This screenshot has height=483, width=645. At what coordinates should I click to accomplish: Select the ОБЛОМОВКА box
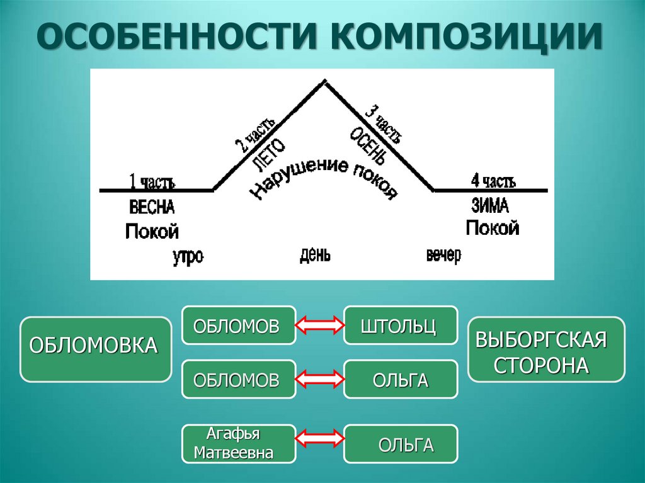[95, 349]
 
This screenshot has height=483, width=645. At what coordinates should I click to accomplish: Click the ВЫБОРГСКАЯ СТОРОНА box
[546, 349]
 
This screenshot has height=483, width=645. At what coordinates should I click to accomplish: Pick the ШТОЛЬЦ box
[400, 325]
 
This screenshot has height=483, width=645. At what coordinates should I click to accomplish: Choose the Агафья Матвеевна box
[239, 443]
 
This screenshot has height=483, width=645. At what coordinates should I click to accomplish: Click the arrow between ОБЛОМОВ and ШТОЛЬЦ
[319, 325]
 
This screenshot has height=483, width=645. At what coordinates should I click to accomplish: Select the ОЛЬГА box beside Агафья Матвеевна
[400, 444]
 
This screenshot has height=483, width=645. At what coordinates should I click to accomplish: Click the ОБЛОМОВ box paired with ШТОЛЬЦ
[239, 325]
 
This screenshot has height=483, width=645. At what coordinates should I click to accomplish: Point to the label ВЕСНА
[152, 207]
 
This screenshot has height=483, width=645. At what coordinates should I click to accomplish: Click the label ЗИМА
[489, 205]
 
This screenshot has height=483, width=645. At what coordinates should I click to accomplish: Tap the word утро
[188, 257]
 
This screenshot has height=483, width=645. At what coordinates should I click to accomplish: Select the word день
[315, 255]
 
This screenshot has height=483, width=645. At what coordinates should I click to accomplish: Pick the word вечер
[443, 256]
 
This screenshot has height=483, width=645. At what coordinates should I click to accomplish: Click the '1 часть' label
[152, 182]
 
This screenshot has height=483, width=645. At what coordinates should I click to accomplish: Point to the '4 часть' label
[493, 182]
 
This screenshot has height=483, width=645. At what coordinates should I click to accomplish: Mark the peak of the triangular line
[324, 81]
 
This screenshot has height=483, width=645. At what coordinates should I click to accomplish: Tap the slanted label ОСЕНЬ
[365, 144]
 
